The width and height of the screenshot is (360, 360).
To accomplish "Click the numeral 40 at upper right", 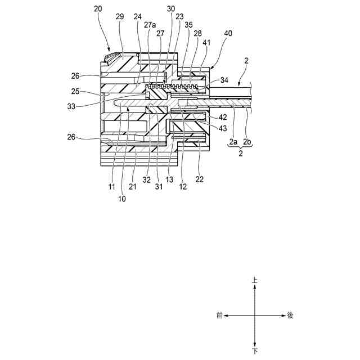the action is pyautogui.click(x=228, y=34).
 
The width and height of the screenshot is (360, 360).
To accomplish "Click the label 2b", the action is pyautogui.click(x=248, y=142).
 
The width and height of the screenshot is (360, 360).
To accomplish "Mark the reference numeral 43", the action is pyautogui.click(x=223, y=128).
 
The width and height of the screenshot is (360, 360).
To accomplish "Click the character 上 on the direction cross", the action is pyautogui.click(x=255, y=279).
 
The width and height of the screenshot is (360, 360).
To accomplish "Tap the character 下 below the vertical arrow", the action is pyautogui.click(x=255, y=351).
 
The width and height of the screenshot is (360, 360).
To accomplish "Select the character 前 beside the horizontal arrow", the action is pyautogui.click(x=219, y=316).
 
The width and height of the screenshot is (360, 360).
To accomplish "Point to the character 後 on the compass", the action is pyautogui.click(x=290, y=316).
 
